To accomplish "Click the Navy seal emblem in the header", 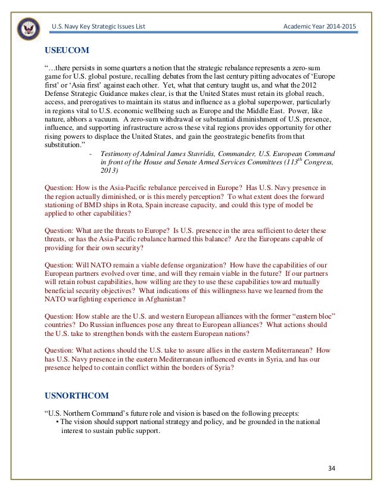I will coord(28,27).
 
